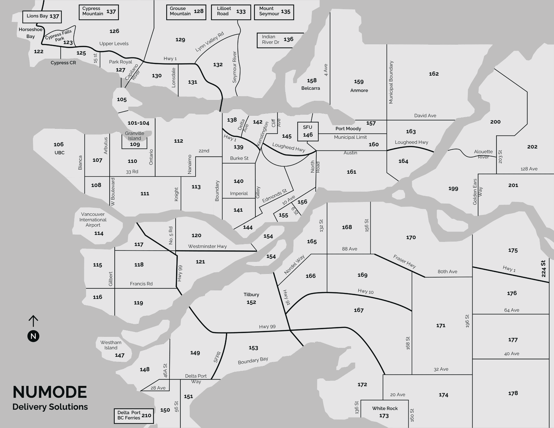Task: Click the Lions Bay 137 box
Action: coord(42,17)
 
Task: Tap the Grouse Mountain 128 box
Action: coord(186,12)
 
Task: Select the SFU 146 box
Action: coord(308,131)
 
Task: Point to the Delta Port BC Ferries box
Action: coord(134,416)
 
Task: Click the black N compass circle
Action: coord(33,336)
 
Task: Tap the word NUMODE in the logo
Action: coord(50,392)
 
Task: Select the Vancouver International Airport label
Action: coord(93,220)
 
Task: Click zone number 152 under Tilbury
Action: coord(251,302)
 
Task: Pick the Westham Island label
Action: coord(111,345)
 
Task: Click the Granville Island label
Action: coord(134,136)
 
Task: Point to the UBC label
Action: coord(60,153)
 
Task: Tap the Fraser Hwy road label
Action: coord(404,262)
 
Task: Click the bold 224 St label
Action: coord(543,268)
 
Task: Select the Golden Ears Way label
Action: coord(477,192)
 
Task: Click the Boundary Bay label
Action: coord(253,360)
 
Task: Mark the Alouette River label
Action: coord(483,154)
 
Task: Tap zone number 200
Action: coord(495,122)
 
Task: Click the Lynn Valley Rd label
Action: coord(209,42)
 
